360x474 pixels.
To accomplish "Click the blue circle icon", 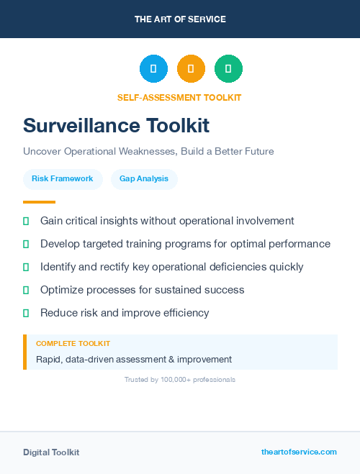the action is [153, 69].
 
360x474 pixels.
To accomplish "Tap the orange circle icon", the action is [191, 69].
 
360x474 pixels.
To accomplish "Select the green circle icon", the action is [228, 69].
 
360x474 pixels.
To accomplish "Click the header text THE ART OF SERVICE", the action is [180, 19].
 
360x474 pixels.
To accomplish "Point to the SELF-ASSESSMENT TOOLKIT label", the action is [179, 98].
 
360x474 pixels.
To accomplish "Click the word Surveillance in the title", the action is [82, 126].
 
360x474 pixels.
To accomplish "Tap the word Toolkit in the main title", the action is [179, 126].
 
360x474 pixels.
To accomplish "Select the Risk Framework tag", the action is [62, 178].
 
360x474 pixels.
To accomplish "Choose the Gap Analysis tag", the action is [144, 178].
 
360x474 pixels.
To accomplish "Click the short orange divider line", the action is [39, 202].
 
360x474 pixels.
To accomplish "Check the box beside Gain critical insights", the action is [26, 221].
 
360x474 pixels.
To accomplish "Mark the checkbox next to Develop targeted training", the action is [26, 244].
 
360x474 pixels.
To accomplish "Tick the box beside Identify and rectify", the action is [26, 267].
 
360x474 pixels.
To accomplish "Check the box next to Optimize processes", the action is [26, 290].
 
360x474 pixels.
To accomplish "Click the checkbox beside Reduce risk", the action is [26, 313].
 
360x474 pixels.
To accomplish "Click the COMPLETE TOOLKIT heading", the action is [73, 344].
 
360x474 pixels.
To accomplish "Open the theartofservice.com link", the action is [299, 452].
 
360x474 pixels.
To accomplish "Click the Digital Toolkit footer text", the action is [51, 452].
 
